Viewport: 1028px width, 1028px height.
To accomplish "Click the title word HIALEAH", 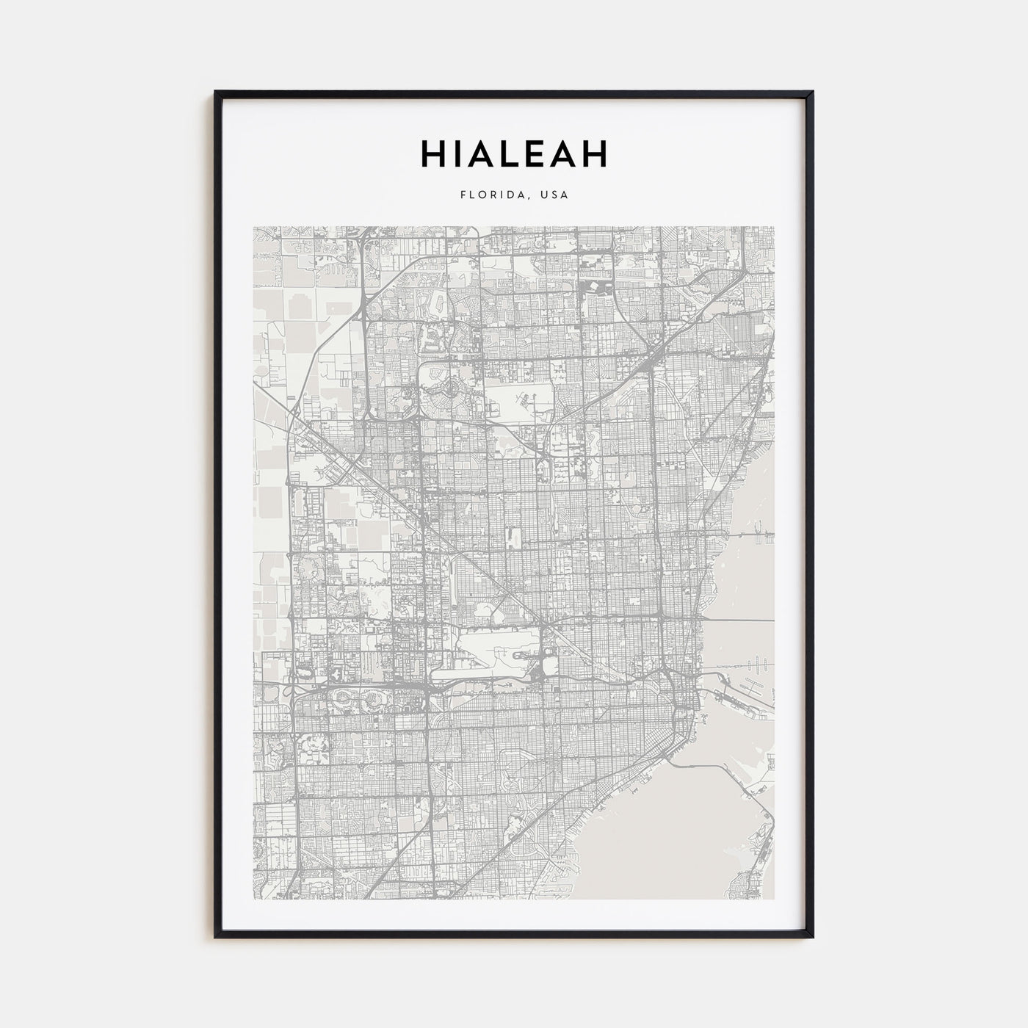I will pyautogui.click(x=514, y=154).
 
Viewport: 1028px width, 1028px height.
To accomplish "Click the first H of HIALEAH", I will pyautogui.click(x=432, y=154).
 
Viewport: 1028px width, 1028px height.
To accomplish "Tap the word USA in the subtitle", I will pyautogui.click(x=554, y=195).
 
